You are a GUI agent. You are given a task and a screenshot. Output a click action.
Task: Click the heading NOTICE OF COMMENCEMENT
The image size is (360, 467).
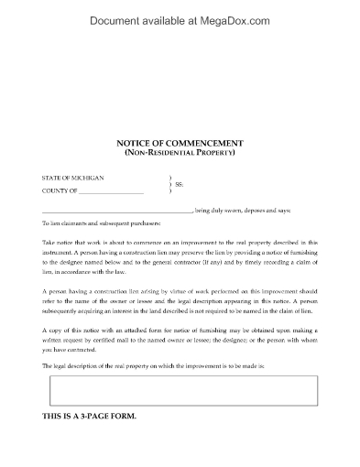click(180, 143)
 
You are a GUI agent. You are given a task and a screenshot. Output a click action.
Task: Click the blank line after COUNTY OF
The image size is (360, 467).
click(112, 193)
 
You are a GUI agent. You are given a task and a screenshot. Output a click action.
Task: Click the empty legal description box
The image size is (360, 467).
click(180, 392)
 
